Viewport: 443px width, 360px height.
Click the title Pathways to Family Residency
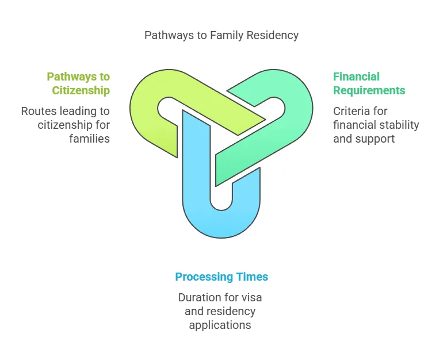221,36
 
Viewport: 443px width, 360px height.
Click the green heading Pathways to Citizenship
78,83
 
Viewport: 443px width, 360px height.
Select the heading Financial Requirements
369,83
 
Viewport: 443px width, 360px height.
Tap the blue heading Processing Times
221,277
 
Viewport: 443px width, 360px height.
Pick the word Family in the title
224,36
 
